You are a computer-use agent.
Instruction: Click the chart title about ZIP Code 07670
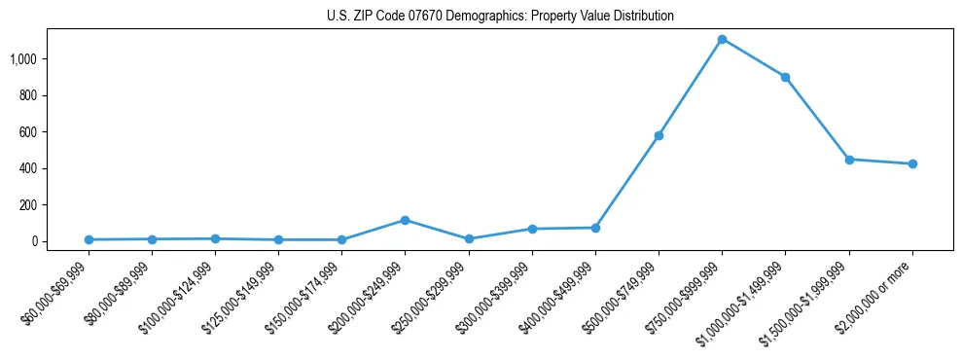pyautogui.click(x=500, y=16)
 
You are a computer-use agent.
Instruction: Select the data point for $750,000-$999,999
pyautogui.click(x=722, y=39)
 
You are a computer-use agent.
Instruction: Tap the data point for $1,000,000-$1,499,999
pyautogui.click(x=785, y=77)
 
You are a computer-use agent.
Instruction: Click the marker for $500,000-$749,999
pyautogui.click(x=659, y=135)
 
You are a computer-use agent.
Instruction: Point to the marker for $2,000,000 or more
pyautogui.click(x=911, y=163)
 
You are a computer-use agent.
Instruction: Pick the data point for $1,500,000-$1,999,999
pyautogui.click(x=849, y=160)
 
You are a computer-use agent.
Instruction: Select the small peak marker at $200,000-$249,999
pyautogui.click(x=405, y=220)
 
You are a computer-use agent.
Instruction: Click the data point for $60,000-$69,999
pyautogui.click(x=89, y=239)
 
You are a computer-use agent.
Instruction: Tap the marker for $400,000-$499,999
pyautogui.click(x=595, y=228)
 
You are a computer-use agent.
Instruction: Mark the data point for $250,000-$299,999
pyautogui.click(x=469, y=238)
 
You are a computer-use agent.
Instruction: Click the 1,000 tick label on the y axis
pyautogui.click(x=23, y=59)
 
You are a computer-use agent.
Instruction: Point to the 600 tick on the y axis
pyautogui.click(x=28, y=132)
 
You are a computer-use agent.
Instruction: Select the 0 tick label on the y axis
pyautogui.click(x=34, y=241)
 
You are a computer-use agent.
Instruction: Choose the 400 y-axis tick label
pyautogui.click(x=28, y=168)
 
